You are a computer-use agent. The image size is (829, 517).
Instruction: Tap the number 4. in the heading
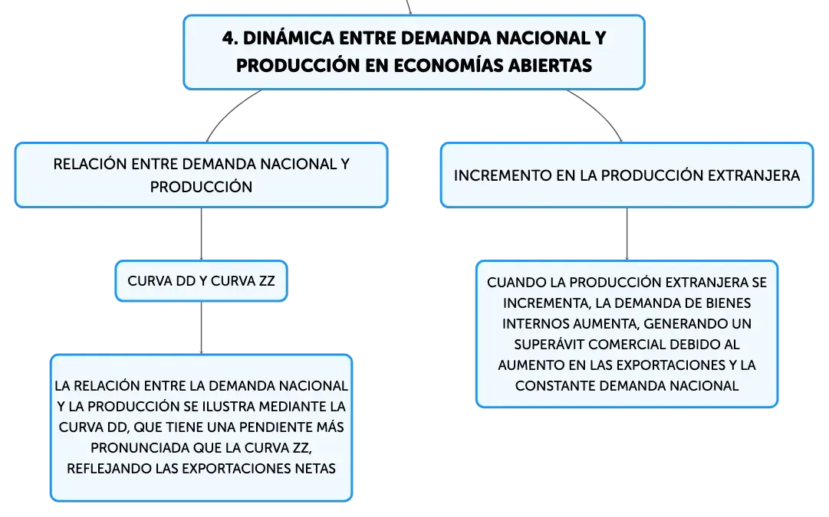[230, 38]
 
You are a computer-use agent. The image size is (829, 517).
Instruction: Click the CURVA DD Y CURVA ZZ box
[202, 281]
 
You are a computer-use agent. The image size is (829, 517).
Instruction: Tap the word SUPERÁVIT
[549, 345]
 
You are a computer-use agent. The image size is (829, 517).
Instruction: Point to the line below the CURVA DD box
[202, 328]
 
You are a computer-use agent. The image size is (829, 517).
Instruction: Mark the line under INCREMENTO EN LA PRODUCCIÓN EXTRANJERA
[627, 234]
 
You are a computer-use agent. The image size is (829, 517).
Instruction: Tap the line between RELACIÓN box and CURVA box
[202, 234]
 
